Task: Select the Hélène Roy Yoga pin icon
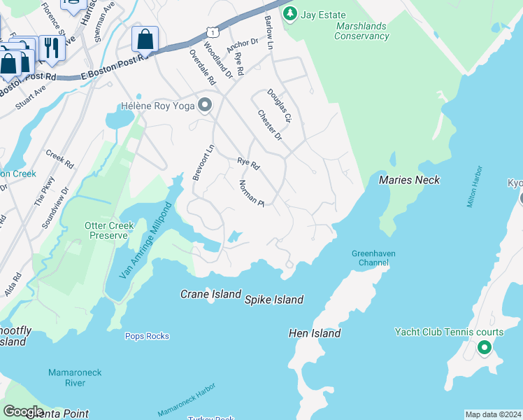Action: point(205,106)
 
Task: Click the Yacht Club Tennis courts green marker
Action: point(484,347)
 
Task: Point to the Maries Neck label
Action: point(409,180)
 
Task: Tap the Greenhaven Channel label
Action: point(370,258)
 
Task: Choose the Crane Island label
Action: point(210,295)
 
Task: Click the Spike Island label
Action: point(273,300)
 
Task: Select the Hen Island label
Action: point(315,333)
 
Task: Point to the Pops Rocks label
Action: point(147,336)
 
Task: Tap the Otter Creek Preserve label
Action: point(106,230)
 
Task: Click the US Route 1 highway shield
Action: point(212,32)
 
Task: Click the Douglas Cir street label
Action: point(281,105)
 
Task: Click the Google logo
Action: point(24,412)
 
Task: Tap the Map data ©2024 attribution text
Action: point(492,414)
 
